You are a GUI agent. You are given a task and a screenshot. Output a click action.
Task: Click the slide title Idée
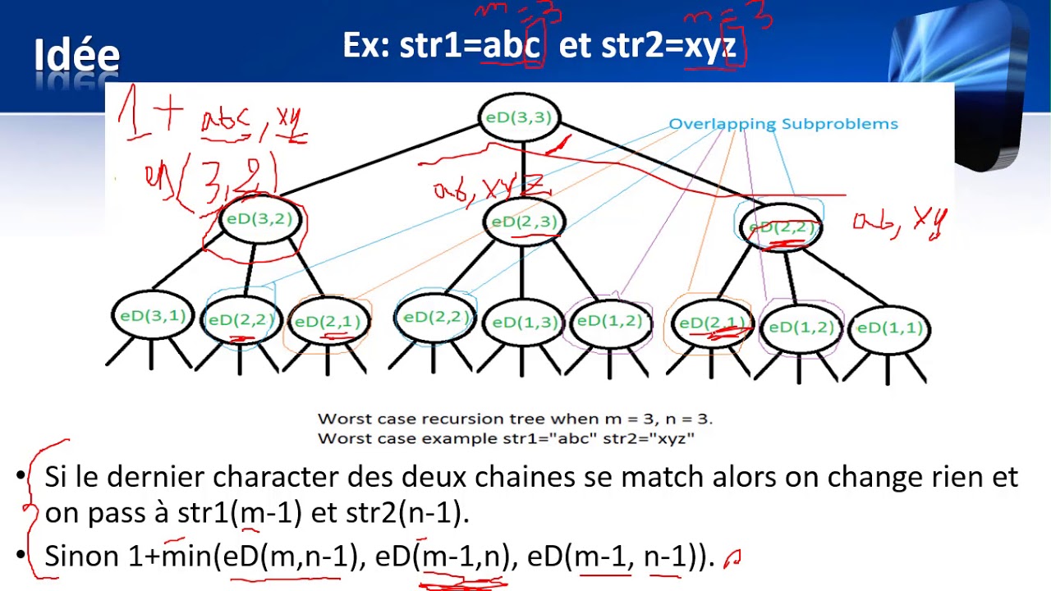[x=77, y=56]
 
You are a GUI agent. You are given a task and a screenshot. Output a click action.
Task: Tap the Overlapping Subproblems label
[x=783, y=124]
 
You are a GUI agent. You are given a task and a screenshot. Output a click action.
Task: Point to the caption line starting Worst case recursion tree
[x=515, y=419]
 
